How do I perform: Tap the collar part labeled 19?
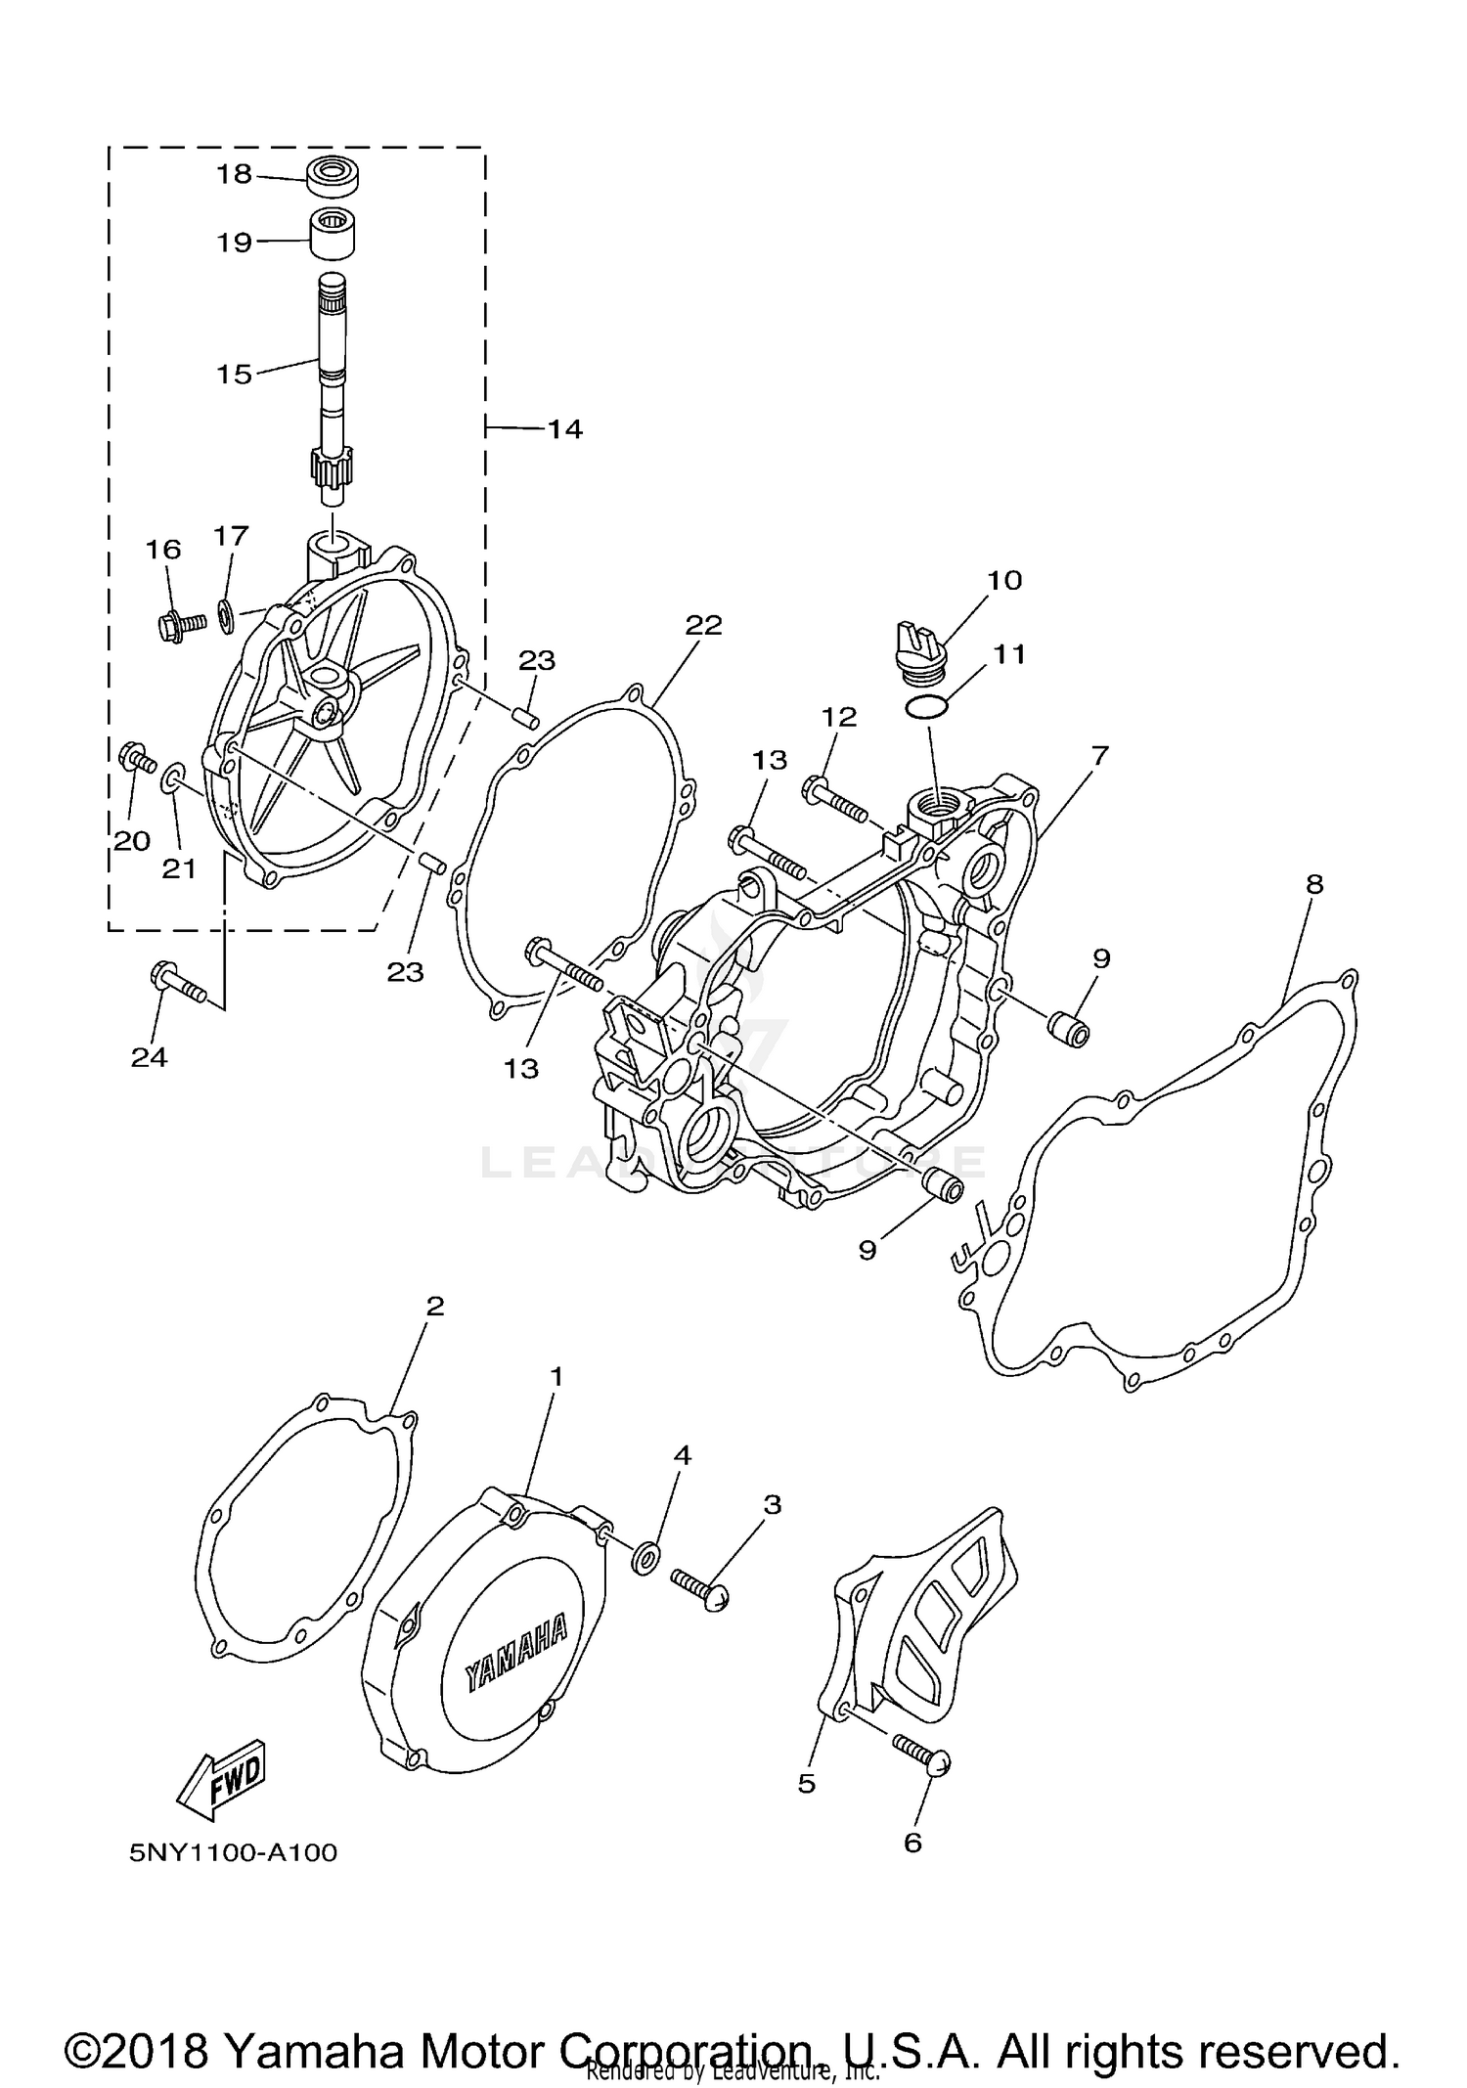click(x=332, y=235)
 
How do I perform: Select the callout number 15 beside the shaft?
click(x=235, y=375)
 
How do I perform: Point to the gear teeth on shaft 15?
click(x=331, y=470)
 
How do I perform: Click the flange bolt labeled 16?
click(x=180, y=623)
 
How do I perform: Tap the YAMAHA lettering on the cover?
click(x=515, y=1651)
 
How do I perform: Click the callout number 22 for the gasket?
click(x=703, y=625)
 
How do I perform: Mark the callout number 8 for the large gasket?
click(x=1313, y=884)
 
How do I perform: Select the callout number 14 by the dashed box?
click(x=564, y=429)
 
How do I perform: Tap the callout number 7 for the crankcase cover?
click(x=1099, y=755)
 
